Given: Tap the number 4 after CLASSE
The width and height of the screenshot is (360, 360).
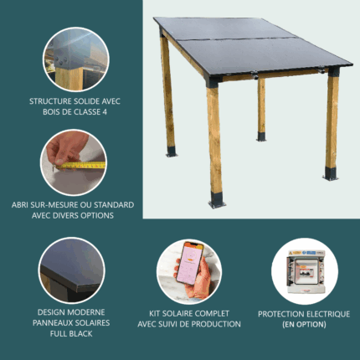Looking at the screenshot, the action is tap(105, 112).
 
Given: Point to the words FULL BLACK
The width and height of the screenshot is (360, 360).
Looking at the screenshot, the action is tap(71, 333).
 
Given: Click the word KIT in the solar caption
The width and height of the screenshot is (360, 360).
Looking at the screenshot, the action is tap(155, 313).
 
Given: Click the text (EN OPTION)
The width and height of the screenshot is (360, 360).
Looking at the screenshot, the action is tap(304, 325).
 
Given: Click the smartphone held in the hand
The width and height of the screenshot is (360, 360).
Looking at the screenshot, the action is tap(189, 264).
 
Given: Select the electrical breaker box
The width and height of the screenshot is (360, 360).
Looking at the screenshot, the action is tap(306, 271).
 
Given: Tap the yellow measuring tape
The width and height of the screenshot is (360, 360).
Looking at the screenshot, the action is tap(81, 166).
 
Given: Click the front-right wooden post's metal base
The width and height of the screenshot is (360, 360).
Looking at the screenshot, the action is tap(331, 174).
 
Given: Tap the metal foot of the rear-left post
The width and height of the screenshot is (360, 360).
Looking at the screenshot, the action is tap(171, 152).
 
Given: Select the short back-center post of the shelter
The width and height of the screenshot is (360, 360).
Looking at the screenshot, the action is tap(261, 110).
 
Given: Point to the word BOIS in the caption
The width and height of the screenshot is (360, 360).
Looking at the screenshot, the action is tap(51, 112).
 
